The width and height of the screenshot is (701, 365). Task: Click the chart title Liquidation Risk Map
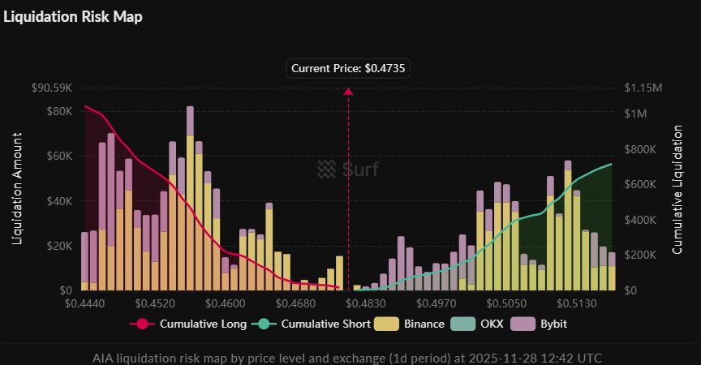pos(73,17)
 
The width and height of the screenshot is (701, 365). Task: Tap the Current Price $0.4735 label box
pos(349,69)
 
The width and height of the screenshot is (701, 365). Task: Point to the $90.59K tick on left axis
pos(53,88)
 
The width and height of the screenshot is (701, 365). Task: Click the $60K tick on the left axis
pos(59,156)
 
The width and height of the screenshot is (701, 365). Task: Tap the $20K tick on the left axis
pos(59,246)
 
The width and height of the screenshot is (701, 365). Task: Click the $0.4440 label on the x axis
pos(85,304)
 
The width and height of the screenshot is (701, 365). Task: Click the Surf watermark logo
pos(348,170)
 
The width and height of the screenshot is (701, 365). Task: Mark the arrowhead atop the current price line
pos(349,92)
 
